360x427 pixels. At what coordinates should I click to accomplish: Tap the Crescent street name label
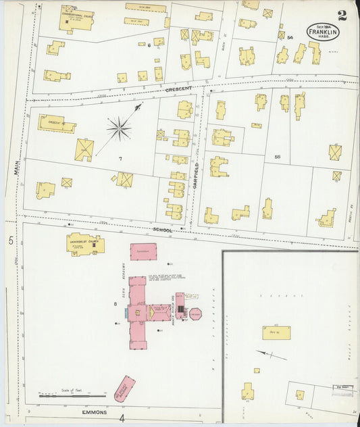178,89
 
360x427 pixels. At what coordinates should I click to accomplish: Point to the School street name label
163,230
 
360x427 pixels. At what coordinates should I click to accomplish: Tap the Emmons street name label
95,411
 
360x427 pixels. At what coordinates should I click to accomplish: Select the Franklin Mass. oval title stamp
324,32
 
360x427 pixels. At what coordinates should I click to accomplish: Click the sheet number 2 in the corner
344,14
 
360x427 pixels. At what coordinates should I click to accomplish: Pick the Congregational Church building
76,18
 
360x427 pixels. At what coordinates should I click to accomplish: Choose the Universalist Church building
84,243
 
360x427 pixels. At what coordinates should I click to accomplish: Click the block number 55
278,157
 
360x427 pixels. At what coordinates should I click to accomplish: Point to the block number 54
290,37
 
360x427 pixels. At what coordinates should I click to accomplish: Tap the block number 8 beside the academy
115,304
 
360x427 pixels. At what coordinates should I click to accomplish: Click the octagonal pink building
195,314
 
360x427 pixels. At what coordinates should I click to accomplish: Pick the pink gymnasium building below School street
143,251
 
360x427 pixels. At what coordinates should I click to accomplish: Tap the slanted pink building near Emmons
124,389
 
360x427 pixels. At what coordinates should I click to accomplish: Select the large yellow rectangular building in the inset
276,332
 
